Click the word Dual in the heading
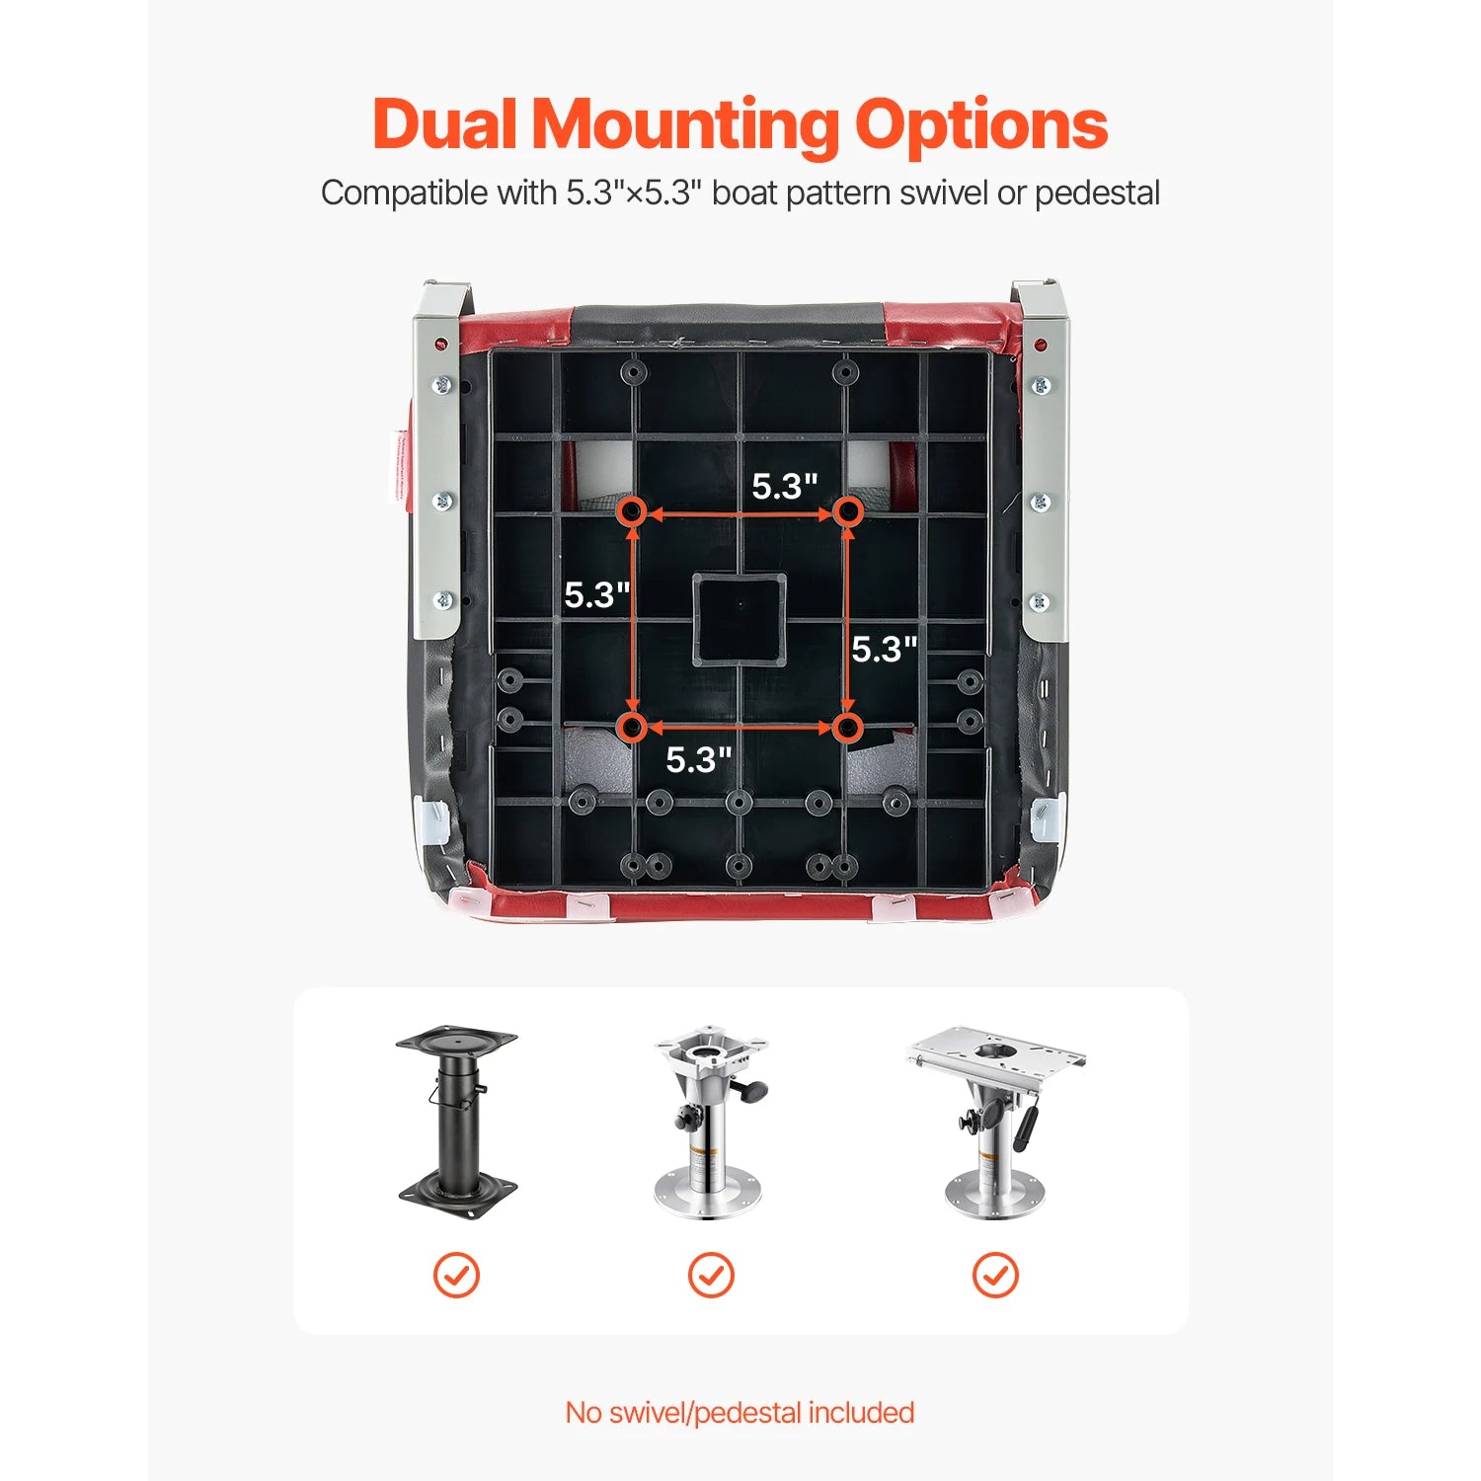pos(445,124)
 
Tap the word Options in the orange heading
pos(980,126)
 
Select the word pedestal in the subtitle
pos(1097,194)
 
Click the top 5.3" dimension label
pos(785,486)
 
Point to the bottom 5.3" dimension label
pos(699,759)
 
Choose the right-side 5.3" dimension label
pos(885,649)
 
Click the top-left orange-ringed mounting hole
pos(633,511)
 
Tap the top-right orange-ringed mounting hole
pos(847,511)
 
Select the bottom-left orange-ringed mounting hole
pos(633,728)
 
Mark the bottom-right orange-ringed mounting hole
pos(847,728)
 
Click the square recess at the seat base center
pos(740,619)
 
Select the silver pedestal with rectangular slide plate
pos(995,1124)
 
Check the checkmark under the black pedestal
pos(456,1275)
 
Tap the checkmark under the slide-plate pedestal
pos(995,1275)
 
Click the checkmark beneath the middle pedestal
pos(711,1275)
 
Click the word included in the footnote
pos(861,1413)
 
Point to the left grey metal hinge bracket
pos(440,460)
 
